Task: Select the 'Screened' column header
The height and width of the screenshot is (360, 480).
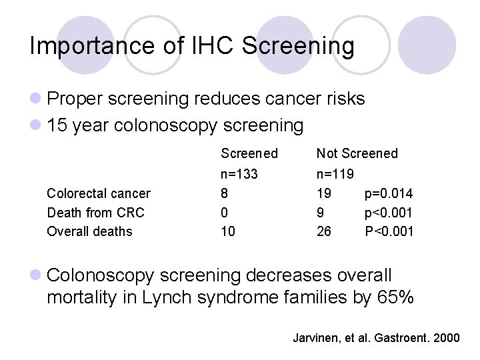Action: point(249,153)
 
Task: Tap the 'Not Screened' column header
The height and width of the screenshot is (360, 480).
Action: point(357,153)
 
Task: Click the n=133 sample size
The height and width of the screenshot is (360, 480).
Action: point(239,175)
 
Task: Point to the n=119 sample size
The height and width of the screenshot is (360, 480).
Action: point(335,175)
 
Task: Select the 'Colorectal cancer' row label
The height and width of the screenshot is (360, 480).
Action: point(99,194)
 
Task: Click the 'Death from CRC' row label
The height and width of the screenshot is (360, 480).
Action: point(95,213)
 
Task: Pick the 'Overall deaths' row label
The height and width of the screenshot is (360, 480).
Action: point(89,231)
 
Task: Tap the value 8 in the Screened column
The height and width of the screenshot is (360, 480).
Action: point(225,194)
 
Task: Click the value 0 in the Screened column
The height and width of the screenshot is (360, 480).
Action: point(225,213)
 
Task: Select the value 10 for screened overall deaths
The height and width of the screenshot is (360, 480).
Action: point(228,231)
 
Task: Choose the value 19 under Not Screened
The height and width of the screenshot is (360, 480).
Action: point(324,194)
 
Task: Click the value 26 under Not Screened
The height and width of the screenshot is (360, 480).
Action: point(324,231)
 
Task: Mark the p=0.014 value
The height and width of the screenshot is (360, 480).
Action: point(389,194)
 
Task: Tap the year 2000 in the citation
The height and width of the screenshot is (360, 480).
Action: point(446,338)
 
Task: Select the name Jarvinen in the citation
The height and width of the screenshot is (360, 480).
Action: point(317,338)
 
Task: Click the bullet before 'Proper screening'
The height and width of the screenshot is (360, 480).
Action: point(36,99)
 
